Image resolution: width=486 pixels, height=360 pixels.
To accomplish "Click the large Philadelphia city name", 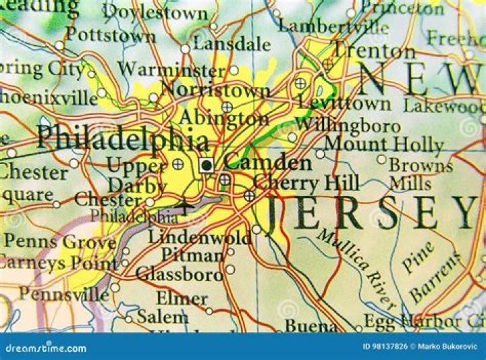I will click(122, 139).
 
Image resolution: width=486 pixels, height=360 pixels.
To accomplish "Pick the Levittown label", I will click(344, 103).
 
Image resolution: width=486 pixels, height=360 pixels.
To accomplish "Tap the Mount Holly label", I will click(383, 144).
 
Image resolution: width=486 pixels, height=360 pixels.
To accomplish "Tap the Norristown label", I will click(215, 90).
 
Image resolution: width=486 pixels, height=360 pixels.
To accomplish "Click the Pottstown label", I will click(111, 34).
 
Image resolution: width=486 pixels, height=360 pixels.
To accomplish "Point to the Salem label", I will click(162, 316).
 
